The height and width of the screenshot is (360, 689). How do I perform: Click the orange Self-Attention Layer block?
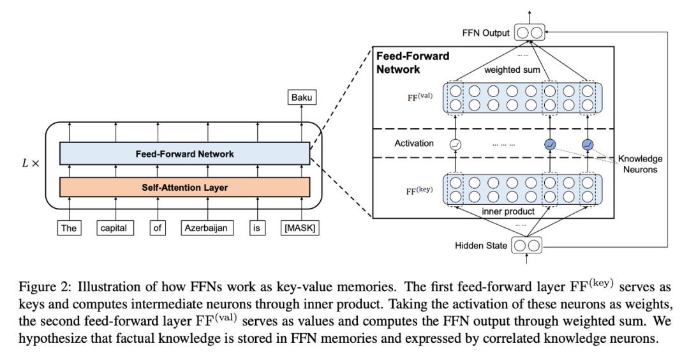[x=185, y=187]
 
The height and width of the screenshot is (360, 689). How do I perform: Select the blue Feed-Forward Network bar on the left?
[x=185, y=154]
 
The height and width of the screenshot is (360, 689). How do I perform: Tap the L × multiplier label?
[x=30, y=163]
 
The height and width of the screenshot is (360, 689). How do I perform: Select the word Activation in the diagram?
[x=414, y=144]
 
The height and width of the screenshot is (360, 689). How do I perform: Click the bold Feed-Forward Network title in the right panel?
[x=413, y=63]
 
